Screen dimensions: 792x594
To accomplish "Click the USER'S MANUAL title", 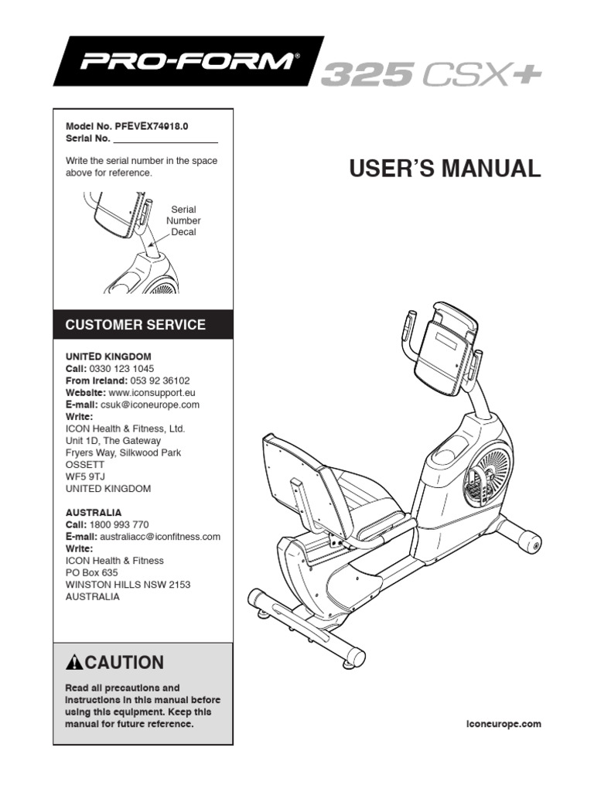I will point(445,169).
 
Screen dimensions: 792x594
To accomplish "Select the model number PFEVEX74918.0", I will point(149,126).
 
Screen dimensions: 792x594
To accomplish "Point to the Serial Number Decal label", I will point(183,220).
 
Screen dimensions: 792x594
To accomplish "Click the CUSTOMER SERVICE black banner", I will point(143,325).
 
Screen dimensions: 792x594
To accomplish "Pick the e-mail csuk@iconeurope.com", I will point(150,405).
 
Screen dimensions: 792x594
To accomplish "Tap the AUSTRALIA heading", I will point(93,512).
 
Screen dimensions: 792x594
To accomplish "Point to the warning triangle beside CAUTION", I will point(74,662).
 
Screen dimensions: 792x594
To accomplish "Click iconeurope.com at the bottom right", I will point(504,724).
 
